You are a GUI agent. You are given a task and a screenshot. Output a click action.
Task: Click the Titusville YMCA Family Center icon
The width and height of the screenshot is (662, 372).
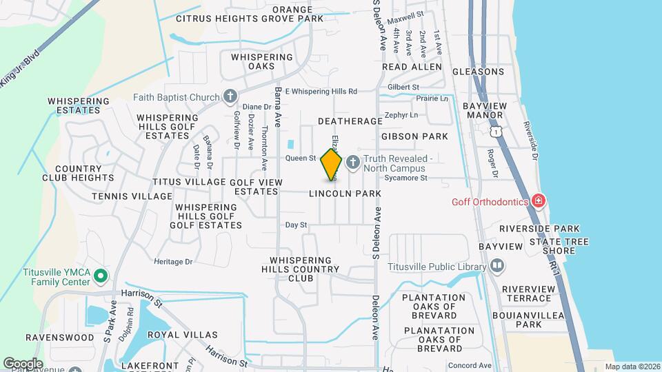(x=101, y=276)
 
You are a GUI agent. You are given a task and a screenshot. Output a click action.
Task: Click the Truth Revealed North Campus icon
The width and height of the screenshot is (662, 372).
(x=352, y=163)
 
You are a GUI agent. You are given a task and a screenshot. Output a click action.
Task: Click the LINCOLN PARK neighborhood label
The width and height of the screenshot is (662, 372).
(x=345, y=194)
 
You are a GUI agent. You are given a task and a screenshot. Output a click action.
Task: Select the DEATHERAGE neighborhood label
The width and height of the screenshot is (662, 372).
(x=350, y=121)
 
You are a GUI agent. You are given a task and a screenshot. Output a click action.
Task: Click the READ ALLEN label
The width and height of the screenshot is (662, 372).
(x=412, y=67)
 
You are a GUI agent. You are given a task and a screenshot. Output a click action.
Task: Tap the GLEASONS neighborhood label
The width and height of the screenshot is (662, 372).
(x=479, y=72)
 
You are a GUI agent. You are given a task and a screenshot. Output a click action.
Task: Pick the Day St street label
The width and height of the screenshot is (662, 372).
(x=296, y=225)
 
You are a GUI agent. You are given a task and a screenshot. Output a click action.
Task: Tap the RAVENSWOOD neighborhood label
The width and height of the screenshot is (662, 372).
(x=50, y=338)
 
